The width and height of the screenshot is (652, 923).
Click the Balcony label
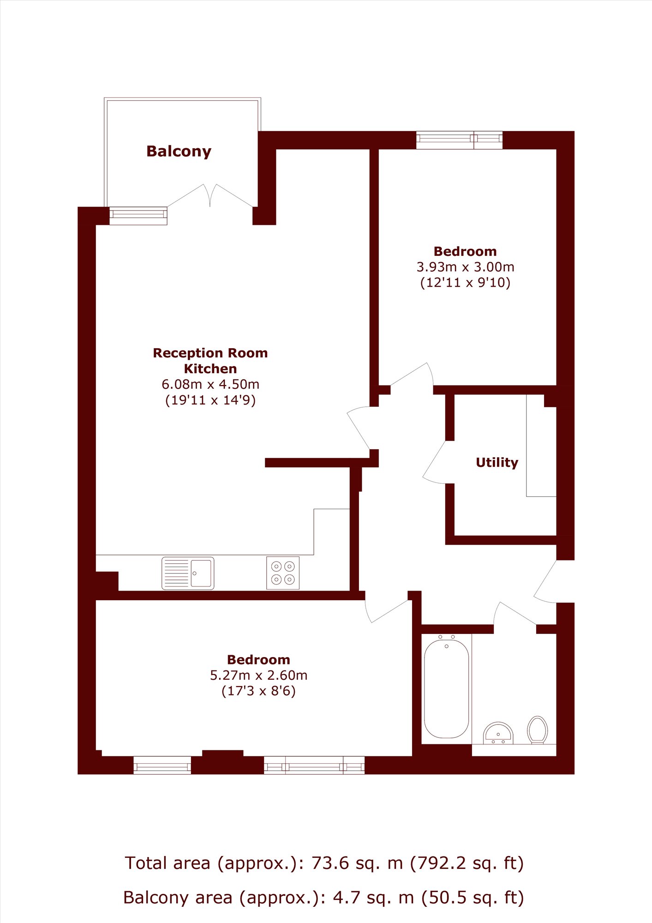point(179,151)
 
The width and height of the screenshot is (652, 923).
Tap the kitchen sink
point(188,573)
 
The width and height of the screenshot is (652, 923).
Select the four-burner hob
point(283,573)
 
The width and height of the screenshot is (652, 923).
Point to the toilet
point(538,730)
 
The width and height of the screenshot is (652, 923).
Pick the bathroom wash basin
point(498,733)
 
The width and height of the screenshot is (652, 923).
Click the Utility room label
point(497,463)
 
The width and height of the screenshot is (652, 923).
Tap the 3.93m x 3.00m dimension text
point(465,267)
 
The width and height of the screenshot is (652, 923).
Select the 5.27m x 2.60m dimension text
point(258,675)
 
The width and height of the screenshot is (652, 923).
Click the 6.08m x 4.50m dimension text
point(210,384)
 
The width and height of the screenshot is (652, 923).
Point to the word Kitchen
point(210,368)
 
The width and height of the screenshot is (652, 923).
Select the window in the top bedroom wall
point(459,140)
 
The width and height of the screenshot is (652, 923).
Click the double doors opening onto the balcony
point(210,196)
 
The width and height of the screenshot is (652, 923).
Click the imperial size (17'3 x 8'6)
point(258,691)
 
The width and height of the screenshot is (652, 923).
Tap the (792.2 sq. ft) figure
point(467,863)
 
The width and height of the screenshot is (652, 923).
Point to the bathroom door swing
point(515,613)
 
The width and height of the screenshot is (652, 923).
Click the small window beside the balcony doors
point(138,216)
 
